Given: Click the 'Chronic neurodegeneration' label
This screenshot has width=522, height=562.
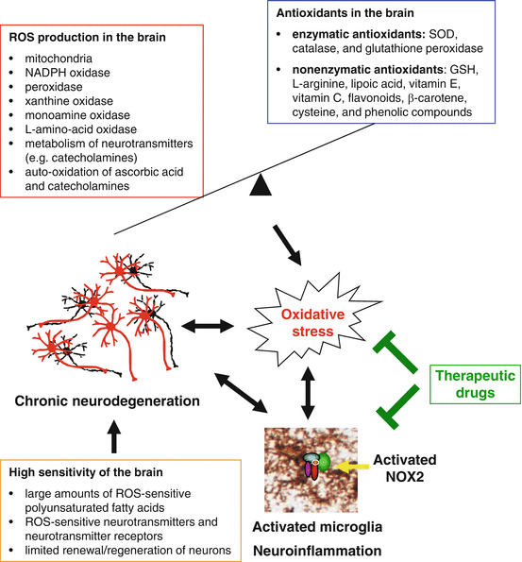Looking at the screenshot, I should point(106,400).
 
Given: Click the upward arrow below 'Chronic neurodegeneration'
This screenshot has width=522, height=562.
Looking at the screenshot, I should point(114,437).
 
